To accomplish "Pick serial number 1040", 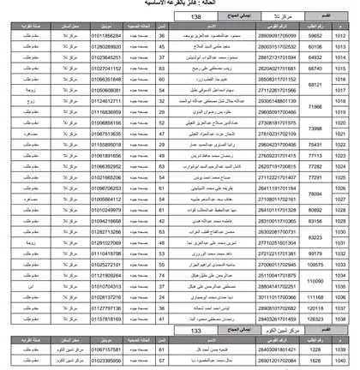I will (340, 361).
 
